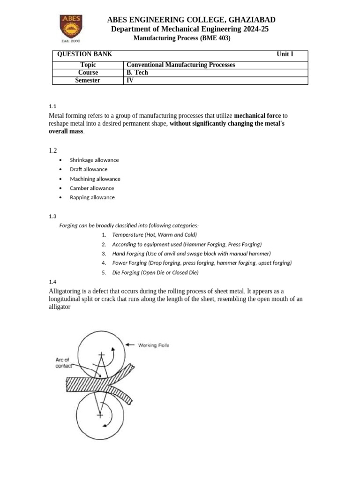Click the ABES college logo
(x=71, y=28)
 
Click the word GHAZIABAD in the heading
(x=252, y=20)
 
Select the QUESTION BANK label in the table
(x=84, y=54)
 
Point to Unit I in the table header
(x=285, y=54)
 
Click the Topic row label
(x=88, y=65)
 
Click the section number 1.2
(x=53, y=150)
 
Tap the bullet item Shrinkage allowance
(x=94, y=160)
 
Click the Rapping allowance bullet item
(x=92, y=197)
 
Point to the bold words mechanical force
(x=257, y=116)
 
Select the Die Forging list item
(x=155, y=272)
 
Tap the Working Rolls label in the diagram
(x=153, y=345)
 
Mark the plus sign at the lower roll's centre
(x=100, y=415)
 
